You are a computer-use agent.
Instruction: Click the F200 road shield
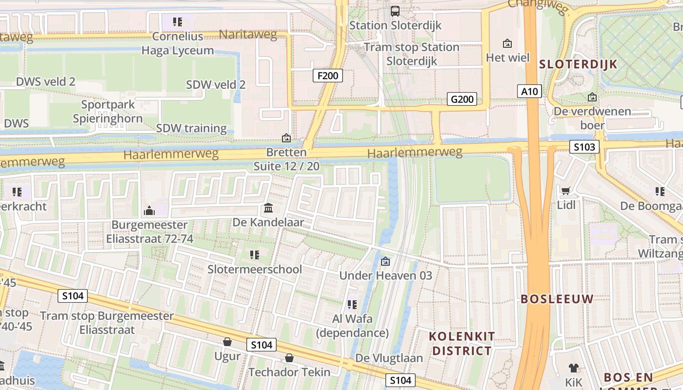click(327, 76)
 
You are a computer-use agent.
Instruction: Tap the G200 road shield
click(462, 99)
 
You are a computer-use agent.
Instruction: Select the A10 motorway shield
click(529, 91)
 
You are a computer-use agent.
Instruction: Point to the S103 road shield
click(584, 147)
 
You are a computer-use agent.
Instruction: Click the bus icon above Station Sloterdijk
click(395, 11)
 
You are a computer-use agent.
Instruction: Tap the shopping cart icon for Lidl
click(565, 191)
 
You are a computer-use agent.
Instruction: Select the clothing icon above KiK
click(573, 368)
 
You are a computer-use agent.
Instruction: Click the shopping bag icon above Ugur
click(227, 342)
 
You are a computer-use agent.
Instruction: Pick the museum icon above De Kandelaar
click(268, 209)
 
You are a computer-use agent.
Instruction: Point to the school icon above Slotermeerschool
click(254, 254)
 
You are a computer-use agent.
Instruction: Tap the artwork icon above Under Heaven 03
click(385, 261)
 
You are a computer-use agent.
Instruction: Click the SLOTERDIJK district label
click(578, 64)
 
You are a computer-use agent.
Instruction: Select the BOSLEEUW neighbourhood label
click(557, 299)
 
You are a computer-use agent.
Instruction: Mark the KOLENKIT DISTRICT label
click(462, 343)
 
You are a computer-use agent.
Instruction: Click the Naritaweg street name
click(248, 35)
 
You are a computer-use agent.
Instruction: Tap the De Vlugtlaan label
click(389, 358)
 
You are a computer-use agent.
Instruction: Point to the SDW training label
click(191, 128)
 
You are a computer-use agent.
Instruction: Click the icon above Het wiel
click(507, 43)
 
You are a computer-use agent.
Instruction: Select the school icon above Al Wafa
click(352, 305)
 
